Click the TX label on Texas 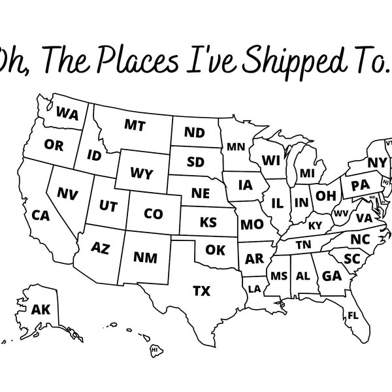(x=201, y=289)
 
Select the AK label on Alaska (x=41, y=310)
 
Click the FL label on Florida (x=353, y=316)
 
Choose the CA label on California (x=41, y=214)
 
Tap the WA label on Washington (x=67, y=113)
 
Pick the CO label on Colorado (x=153, y=214)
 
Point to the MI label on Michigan (x=307, y=173)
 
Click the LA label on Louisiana (x=255, y=288)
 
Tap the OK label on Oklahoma (x=215, y=250)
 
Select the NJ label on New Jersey (x=385, y=181)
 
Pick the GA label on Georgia (x=332, y=275)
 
